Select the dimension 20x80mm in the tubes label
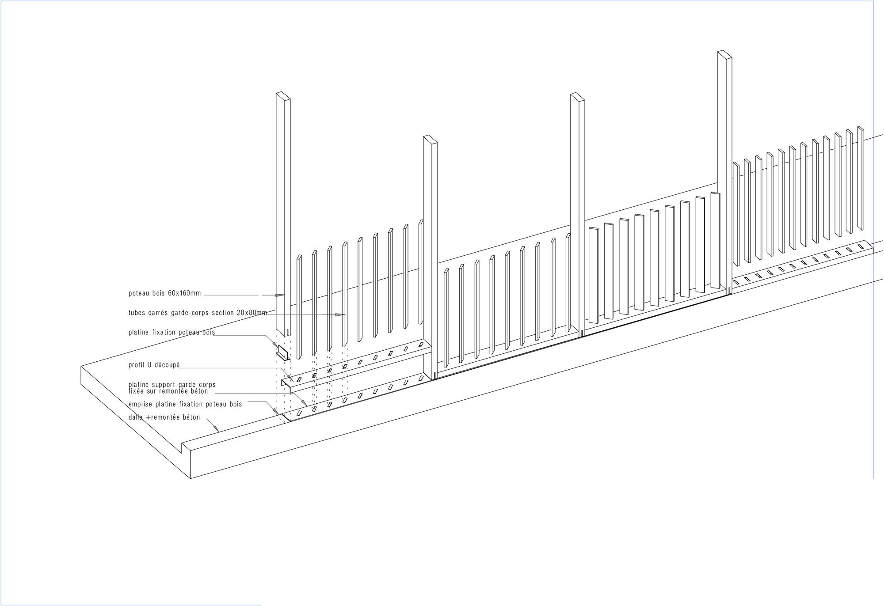point(252,313)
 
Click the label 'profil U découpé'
point(154,365)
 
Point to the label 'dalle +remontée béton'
point(164,417)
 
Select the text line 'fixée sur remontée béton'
point(168,391)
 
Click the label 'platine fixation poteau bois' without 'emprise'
point(172,332)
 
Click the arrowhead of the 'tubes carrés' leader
point(339,314)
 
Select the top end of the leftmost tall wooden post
point(283,96)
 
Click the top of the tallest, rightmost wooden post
point(725,54)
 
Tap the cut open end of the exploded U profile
point(286,385)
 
